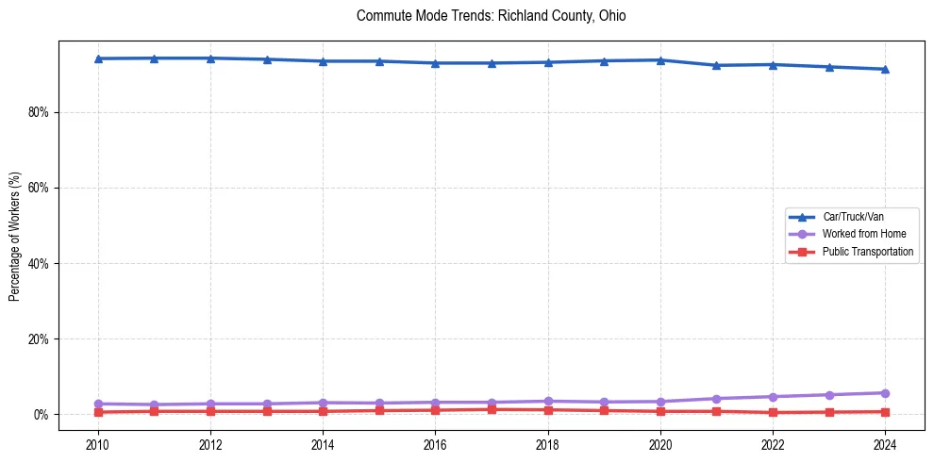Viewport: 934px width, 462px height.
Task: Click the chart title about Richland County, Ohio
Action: pyautogui.click(x=491, y=16)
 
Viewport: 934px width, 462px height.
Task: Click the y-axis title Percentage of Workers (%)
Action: pyautogui.click(x=15, y=238)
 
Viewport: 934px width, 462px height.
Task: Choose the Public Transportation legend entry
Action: pyautogui.click(x=867, y=252)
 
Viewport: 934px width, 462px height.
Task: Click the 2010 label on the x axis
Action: pyautogui.click(x=97, y=444)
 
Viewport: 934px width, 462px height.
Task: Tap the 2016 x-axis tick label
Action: pyautogui.click(x=435, y=444)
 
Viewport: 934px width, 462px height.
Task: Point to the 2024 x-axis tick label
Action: pyautogui.click(x=885, y=444)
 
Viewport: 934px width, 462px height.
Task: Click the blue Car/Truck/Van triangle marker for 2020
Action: pyautogui.click(x=660, y=60)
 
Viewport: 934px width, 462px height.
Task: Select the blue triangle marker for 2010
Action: pyautogui.click(x=97, y=58)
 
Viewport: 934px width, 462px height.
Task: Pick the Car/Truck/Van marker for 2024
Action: pyautogui.click(x=885, y=69)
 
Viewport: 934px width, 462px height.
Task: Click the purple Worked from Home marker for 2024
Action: pyautogui.click(x=885, y=393)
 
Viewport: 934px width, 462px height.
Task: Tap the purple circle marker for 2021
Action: pyautogui.click(x=716, y=399)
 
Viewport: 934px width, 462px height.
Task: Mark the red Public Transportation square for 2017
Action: pyautogui.click(x=492, y=409)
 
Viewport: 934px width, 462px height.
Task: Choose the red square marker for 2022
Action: pyautogui.click(x=773, y=412)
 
